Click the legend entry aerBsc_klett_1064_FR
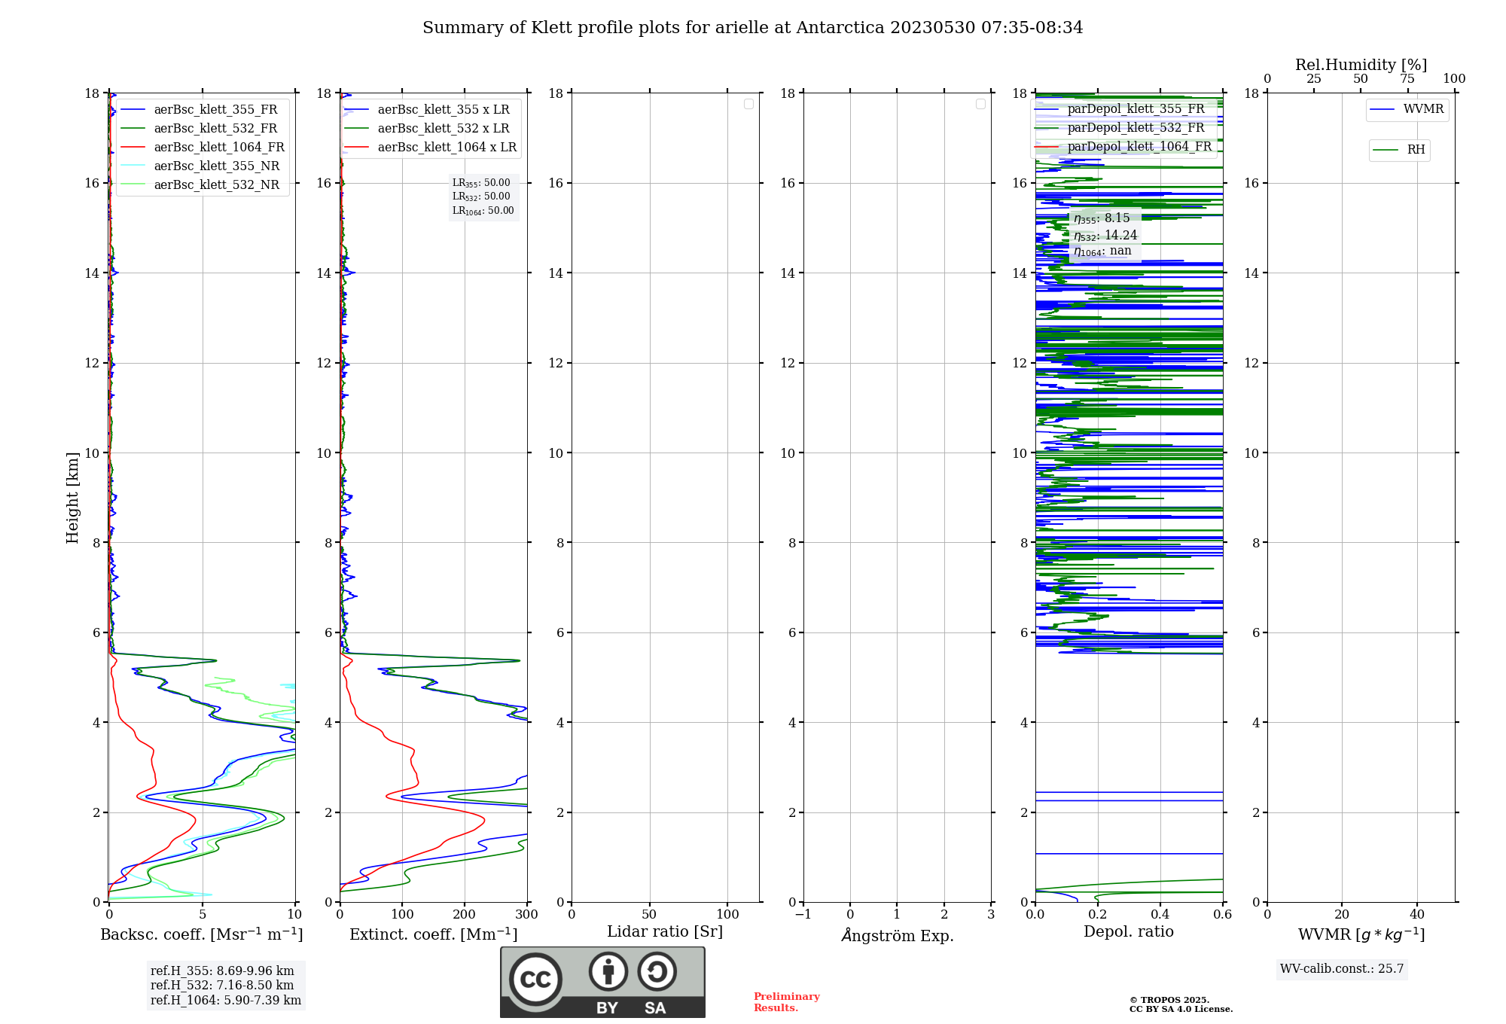(218, 148)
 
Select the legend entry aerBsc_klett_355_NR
(216, 166)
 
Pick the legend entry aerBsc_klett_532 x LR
(443, 129)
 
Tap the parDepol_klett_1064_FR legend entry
(1139, 147)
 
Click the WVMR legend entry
(1422, 109)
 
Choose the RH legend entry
(1415, 150)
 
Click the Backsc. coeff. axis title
(201, 934)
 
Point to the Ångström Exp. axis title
(897, 936)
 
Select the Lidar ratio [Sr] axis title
(664, 932)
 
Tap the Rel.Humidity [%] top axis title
(1361, 65)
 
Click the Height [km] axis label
(72, 498)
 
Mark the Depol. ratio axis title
(1128, 932)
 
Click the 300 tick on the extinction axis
(526, 915)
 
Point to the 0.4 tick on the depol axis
(1160, 915)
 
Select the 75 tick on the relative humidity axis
(1407, 79)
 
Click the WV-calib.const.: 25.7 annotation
(1342, 969)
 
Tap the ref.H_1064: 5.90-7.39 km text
(225, 1001)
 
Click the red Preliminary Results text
(786, 1002)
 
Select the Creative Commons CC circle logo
(535, 980)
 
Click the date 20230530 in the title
(932, 28)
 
